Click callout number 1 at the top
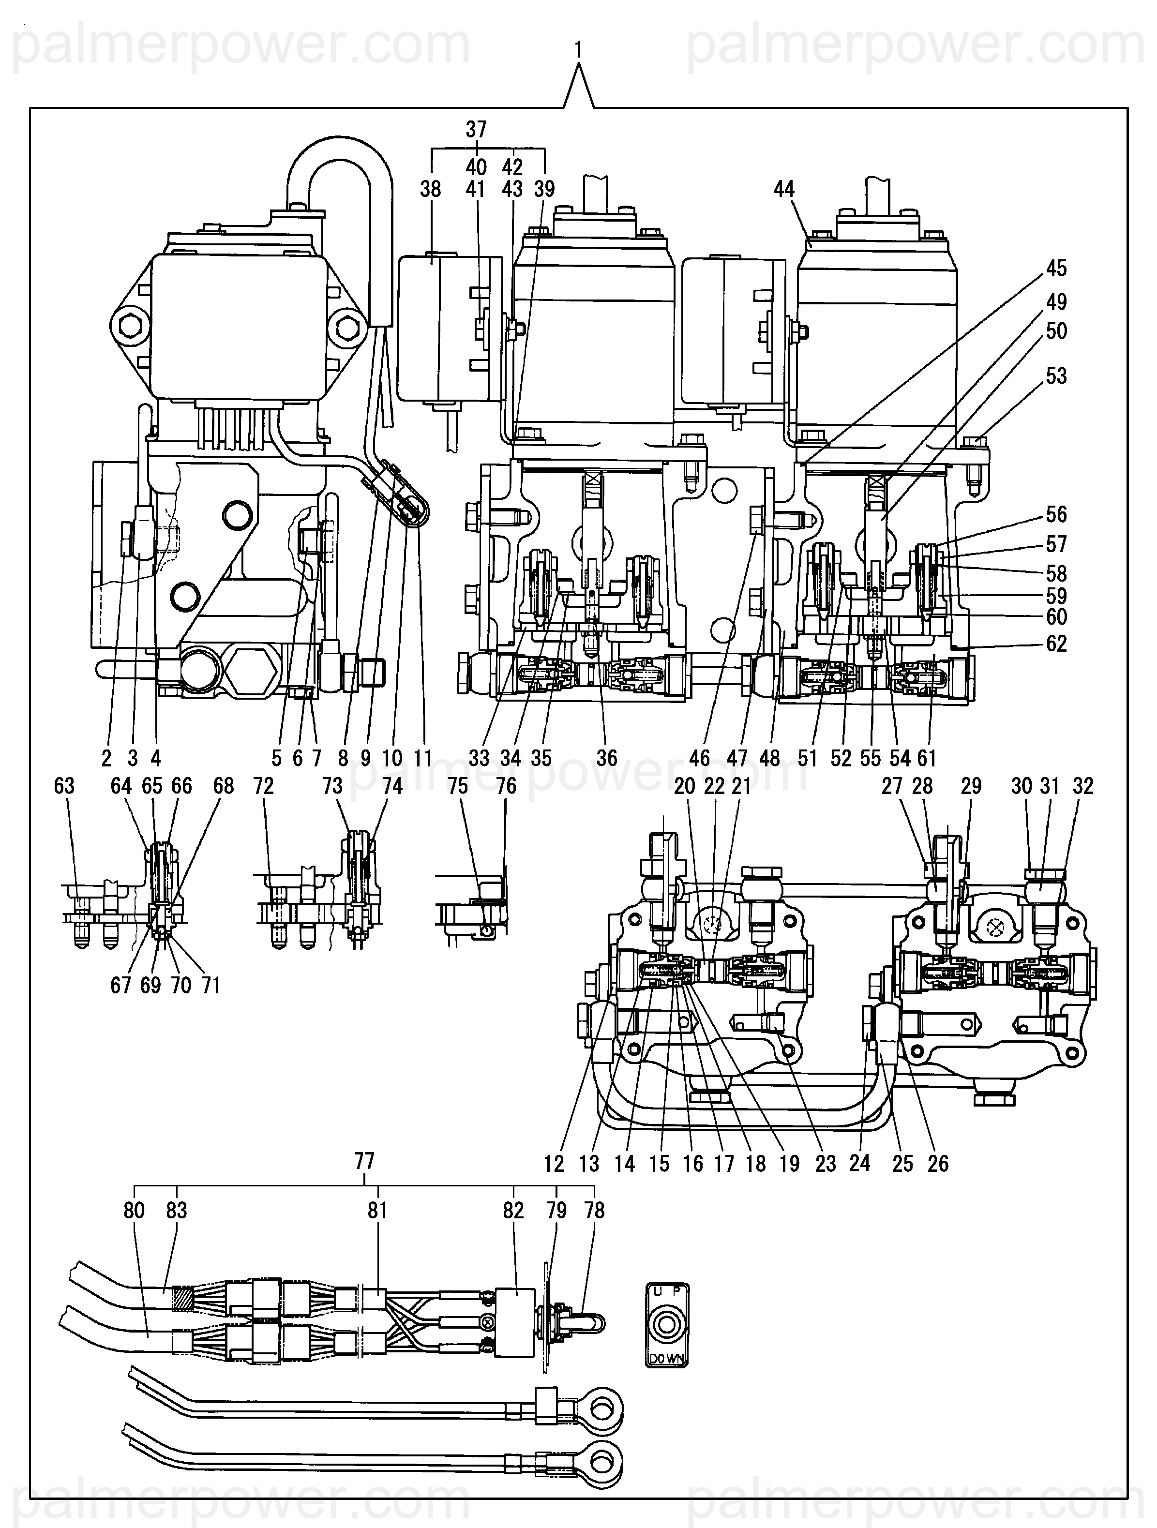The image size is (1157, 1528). [578, 50]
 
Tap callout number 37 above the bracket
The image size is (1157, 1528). [476, 129]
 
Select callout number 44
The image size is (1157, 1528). [784, 189]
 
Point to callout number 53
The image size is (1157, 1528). [1056, 376]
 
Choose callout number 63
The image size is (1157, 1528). [64, 786]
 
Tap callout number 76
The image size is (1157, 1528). [506, 786]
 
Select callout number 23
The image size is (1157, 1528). [826, 1164]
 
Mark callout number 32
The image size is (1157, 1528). [1083, 786]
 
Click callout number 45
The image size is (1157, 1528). [1056, 268]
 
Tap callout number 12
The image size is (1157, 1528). [554, 1164]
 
